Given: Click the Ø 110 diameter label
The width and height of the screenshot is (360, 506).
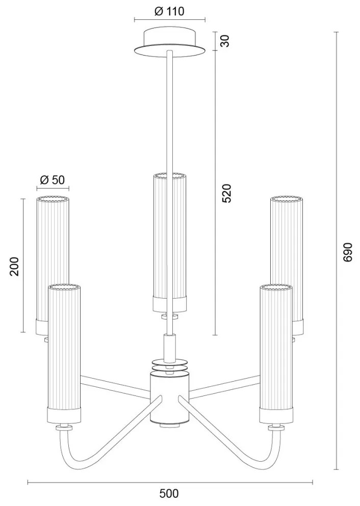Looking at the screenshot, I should tap(169, 11).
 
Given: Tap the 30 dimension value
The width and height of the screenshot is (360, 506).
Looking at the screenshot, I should tap(224, 41).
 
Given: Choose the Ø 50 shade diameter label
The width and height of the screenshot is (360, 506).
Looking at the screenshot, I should tap(53, 179).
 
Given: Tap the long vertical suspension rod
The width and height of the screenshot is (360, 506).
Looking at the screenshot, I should tap(169, 112).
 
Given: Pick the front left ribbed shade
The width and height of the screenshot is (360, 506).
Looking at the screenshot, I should tap(64, 352).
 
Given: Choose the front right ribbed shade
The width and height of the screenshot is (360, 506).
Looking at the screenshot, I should tap(275, 352).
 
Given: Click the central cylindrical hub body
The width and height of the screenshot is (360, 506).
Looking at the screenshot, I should tap(169, 397).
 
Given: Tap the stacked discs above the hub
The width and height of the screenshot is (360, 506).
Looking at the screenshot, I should tap(169, 366).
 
